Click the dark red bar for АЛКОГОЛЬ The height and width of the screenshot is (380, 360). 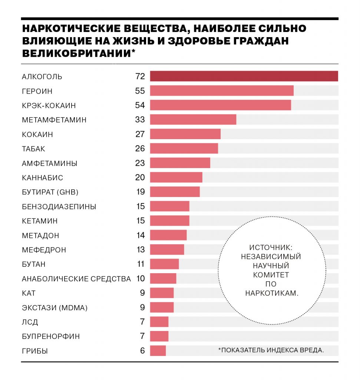point(244,76)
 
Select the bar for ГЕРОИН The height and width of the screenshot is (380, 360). point(222,91)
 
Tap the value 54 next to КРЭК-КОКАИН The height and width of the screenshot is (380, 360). point(140,105)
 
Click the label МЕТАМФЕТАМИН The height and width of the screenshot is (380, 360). point(54,120)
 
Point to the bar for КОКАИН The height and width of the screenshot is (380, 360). point(185,134)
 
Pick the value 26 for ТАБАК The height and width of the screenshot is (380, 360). point(140,148)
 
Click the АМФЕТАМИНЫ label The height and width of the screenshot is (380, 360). point(49,163)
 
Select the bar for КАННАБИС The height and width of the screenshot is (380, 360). point(176,177)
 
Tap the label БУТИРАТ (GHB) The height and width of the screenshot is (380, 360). point(50,192)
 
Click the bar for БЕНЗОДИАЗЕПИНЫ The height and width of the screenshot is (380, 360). point(169,206)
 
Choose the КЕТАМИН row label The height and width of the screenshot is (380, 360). point(40,221)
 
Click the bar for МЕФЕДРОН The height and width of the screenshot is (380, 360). point(167,250)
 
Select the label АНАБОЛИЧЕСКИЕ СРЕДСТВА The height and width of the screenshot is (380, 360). point(76,279)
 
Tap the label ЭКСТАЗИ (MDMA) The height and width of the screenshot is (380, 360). point(55,308)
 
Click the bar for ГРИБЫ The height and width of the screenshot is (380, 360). point(158,350)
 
